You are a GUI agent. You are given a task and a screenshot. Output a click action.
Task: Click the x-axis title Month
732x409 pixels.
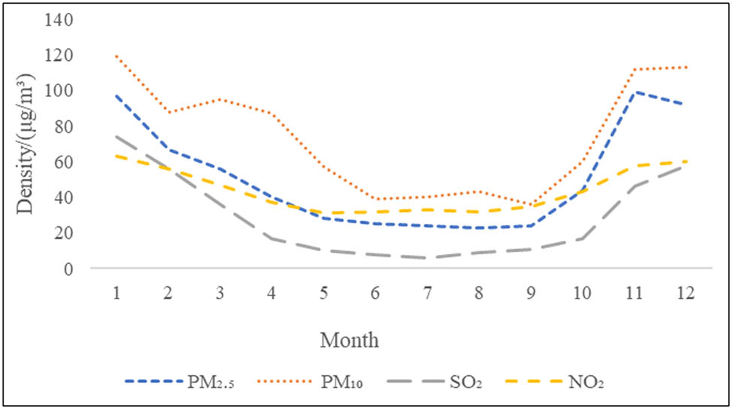(349, 341)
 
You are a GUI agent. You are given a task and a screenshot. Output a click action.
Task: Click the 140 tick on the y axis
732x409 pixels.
(59, 20)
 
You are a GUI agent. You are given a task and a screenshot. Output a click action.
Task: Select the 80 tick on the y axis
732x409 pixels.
(63, 126)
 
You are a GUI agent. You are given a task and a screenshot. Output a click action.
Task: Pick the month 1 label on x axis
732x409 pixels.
(117, 292)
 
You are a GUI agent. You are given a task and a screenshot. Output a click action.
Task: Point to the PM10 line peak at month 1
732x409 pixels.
(117, 56)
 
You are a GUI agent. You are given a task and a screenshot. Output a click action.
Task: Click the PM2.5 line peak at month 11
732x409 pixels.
(636, 92)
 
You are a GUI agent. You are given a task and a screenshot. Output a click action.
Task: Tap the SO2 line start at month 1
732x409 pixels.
(117, 136)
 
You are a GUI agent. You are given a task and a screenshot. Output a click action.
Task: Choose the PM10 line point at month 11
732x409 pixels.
(636, 69)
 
